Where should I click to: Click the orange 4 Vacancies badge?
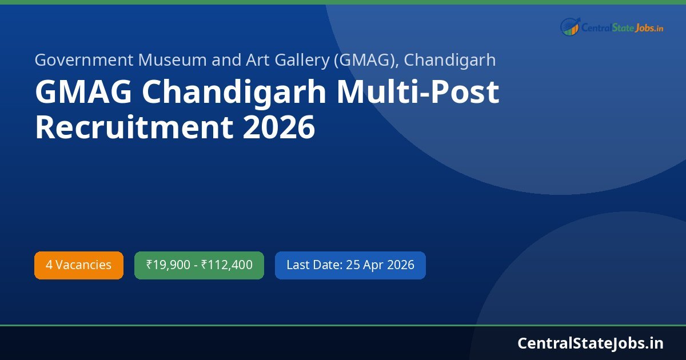click(x=79, y=265)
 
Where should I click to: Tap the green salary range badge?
click(x=199, y=265)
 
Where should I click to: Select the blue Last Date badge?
click(x=350, y=265)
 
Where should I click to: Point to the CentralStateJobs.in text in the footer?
click(x=590, y=343)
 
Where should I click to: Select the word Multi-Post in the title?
click(x=418, y=93)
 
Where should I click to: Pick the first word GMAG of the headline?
click(x=73, y=93)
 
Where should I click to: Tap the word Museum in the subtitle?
click(x=149, y=59)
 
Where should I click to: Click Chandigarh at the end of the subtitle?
click(x=450, y=59)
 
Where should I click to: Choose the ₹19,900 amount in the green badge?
click(x=168, y=265)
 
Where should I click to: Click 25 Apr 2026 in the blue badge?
click(x=380, y=265)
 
